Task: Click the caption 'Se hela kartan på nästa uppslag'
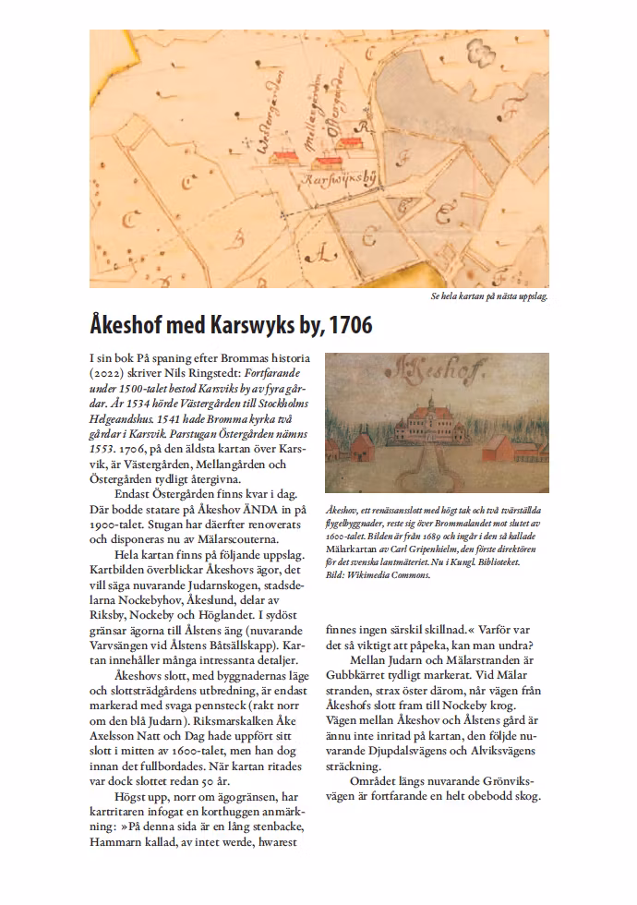tap(489, 297)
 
